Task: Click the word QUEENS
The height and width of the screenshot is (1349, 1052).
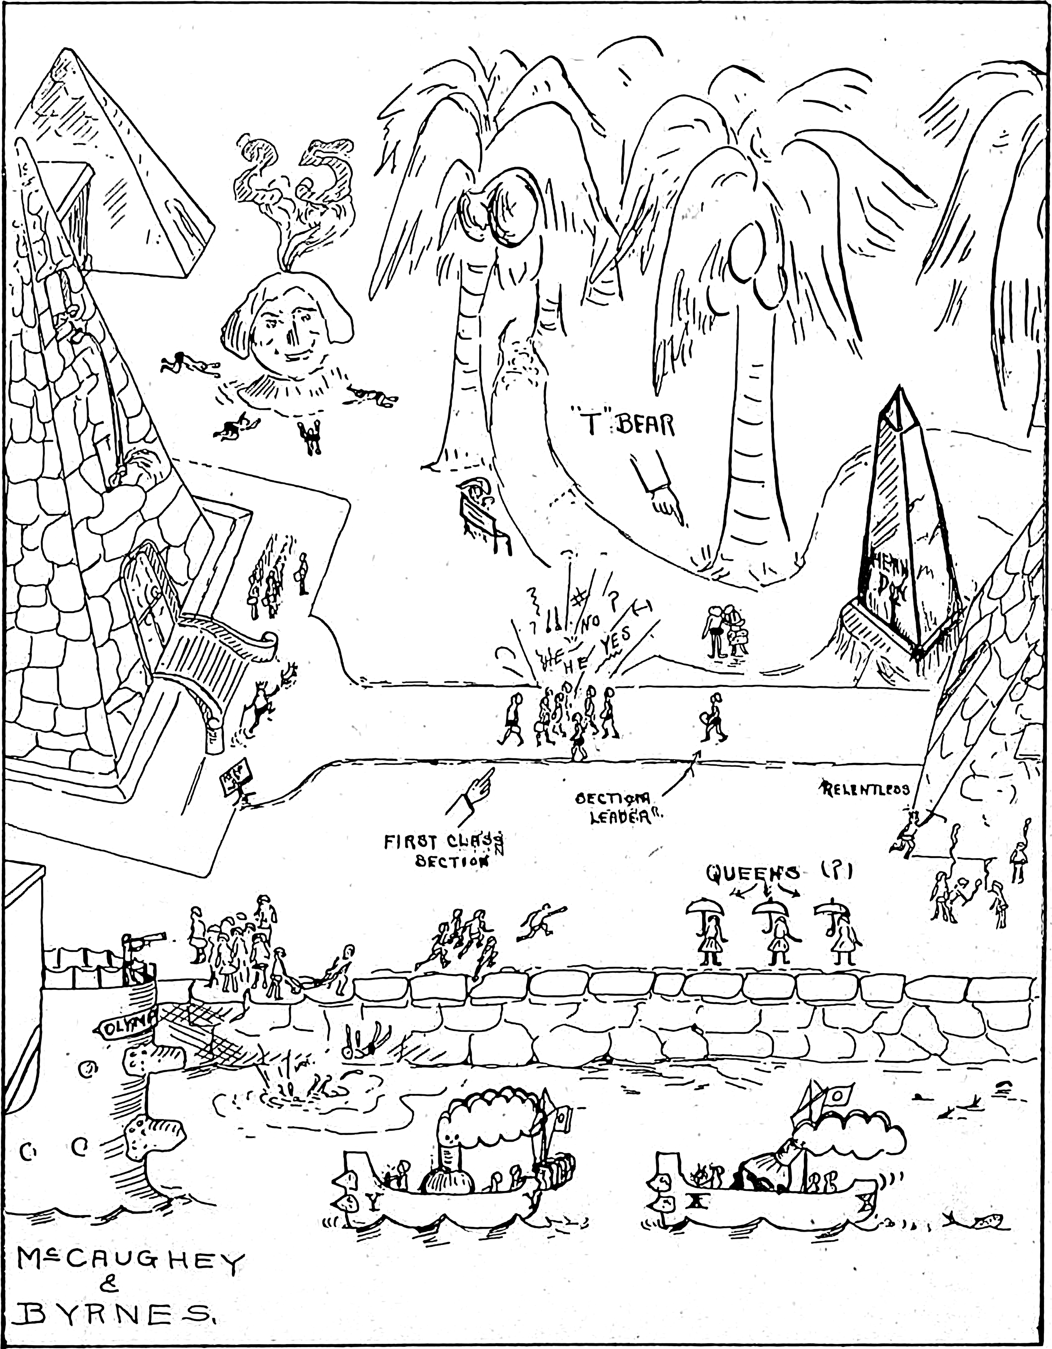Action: pyautogui.click(x=752, y=872)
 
